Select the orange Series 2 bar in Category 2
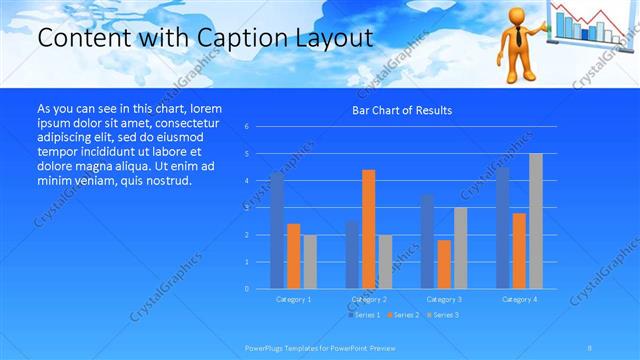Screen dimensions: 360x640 (368, 229)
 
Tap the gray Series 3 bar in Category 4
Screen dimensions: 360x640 (535, 221)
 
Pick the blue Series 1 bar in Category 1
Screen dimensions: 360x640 (277, 231)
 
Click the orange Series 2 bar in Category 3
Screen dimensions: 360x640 (443, 264)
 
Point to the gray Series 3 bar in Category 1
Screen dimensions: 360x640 (310, 262)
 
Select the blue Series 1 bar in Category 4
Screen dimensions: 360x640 (502, 228)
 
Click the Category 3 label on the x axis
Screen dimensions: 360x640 (443, 299)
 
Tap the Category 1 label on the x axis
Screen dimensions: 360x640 (293, 299)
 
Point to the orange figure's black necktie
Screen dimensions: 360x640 (519, 39)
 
